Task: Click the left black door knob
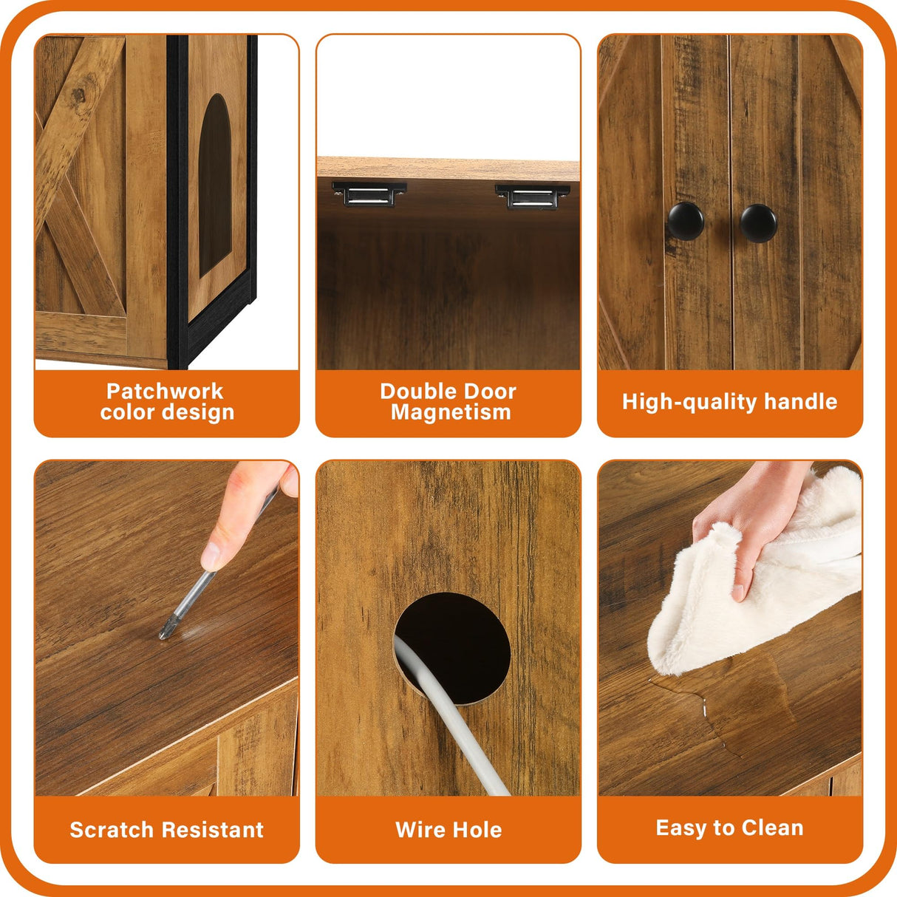(x=685, y=220)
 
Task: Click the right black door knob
(x=758, y=222)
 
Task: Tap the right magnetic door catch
(x=532, y=196)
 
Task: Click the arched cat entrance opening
(x=214, y=185)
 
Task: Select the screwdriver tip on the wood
(x=164, y=633)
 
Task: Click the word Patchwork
(x=165, y=391)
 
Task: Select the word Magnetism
(x=451, y=412)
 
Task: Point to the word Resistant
(x=215, y=830)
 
